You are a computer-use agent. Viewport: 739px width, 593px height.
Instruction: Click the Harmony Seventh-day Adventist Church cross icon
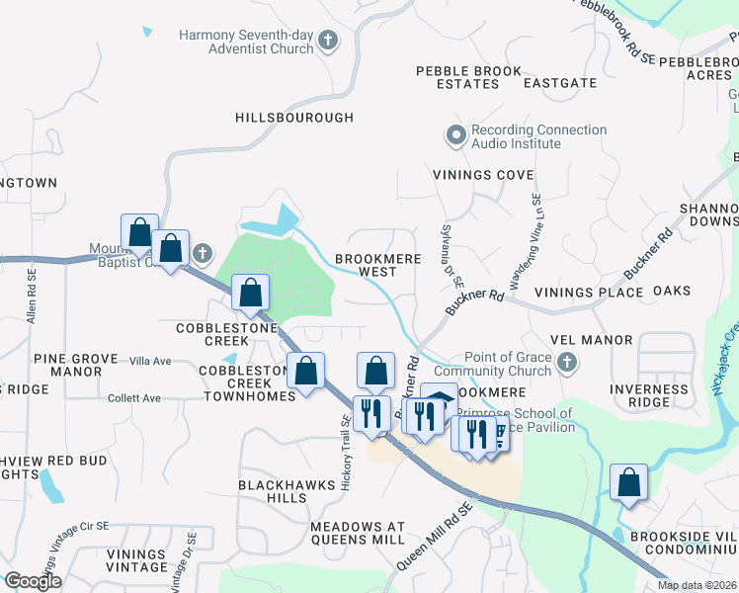pyautogui.click(x=328, y=41)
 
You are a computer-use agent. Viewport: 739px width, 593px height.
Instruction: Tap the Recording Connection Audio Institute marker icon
pyautogui.click(x=456, y=136)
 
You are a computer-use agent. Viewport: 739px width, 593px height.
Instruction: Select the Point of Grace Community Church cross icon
pyautogui.click(x=567, y=364)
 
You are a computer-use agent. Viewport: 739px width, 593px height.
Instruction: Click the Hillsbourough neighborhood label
pyautogui.click(x=294, y=118)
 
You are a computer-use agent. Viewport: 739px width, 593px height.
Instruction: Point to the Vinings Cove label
pyautogui.click(x=476, y=175)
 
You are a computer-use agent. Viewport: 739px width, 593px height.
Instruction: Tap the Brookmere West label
pyautogui.click(x=377, y=265)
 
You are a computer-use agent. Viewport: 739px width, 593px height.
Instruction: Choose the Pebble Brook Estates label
pyautogui.click(x=457, y=78)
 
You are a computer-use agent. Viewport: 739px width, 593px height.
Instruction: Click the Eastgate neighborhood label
pyautogui.click(x=560, y=84)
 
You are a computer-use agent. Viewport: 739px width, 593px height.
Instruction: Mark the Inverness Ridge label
pyautogui.click(x=649, y=395)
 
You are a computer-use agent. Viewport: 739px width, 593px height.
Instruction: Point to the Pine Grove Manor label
pyautogui.click(x=67, y=365)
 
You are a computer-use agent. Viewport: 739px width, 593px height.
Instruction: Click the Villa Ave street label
pyautogui.click(x=150, y=362)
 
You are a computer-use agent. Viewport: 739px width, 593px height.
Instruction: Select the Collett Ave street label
pyautogui.click(x=134, y=398)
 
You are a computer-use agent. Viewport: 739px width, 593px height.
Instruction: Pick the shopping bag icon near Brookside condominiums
pyautogui.click(x=628, y=484)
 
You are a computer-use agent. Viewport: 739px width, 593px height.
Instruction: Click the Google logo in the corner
pyautogui.click(x=33, y=581)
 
